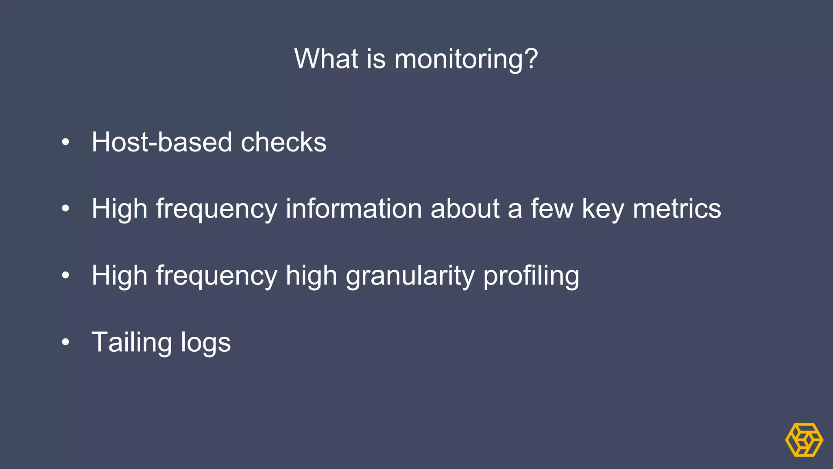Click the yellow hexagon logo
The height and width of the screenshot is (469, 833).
click(x=804, y=440)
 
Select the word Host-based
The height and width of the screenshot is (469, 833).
click(x=161, y=142)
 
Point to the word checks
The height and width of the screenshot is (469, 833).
click(x=283, y=142)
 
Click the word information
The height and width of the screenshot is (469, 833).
click(x=353, y=208)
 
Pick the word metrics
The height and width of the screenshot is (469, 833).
click(x=677, y=208)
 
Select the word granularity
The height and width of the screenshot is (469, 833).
click(x=410, y=276)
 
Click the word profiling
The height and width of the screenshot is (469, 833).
click(x=531, y=276)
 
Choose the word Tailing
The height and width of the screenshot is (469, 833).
click(x=132, y=342)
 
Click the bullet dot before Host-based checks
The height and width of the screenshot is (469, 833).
click(x=65, y=142)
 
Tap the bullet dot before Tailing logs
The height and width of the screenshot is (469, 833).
click(x=65, y=342)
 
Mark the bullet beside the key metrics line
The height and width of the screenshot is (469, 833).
click(x=65, y=209)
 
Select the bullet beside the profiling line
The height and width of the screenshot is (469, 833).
click(x=65, y=276)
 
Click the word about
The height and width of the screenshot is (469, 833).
click(x=465, y=208)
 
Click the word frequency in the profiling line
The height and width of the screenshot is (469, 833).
click(x=216, y=276)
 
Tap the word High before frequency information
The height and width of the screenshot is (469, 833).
click(x=119, y=208)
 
